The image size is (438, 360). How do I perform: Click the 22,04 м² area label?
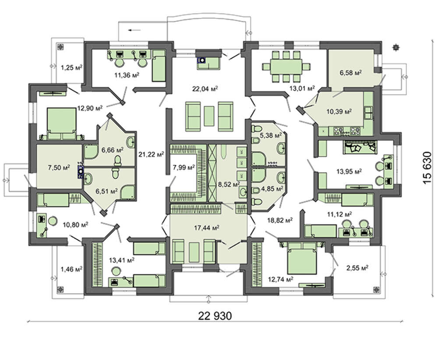coord(205,89)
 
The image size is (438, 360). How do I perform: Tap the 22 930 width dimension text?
coord(215,316)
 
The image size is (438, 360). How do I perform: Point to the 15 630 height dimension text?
coord(427,168)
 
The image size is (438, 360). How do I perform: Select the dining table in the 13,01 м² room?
coord(286,67)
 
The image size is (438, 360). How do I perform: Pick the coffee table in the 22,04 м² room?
coord(209,116)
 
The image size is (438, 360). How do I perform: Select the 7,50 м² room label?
coord(59,168)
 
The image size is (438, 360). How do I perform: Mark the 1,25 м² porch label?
coord(71,67)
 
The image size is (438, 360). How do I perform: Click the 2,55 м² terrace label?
coord(357,268)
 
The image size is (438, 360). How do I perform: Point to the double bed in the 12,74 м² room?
coord(303,258)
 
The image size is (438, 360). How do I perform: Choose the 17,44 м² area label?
coord(206,228)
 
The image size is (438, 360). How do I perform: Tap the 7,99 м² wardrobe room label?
coord(184,168)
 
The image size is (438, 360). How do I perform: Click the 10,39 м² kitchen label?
coord(339,112)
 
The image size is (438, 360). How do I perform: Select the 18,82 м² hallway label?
coord(280,220)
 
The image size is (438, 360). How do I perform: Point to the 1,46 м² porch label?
coord(71,269)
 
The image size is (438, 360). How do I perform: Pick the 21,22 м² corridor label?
coord(151,154)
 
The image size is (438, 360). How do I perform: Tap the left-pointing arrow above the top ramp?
coord(134,30)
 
